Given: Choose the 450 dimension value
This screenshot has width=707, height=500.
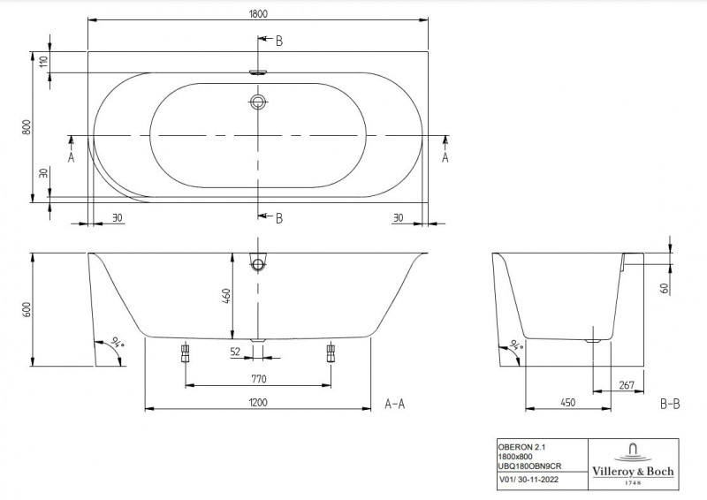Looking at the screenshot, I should click(567, 402).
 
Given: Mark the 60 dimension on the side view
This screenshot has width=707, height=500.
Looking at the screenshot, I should click(664, 287).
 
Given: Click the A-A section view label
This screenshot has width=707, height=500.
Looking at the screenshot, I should click(396, 404).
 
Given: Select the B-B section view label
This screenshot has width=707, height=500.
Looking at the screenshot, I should click(670, 404).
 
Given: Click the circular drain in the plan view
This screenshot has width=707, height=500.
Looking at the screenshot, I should click(258, 102).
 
